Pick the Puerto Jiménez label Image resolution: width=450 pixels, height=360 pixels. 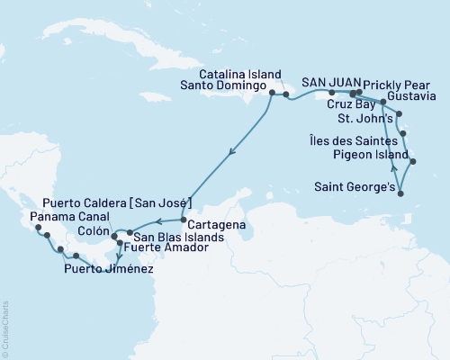coord(108,268)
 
